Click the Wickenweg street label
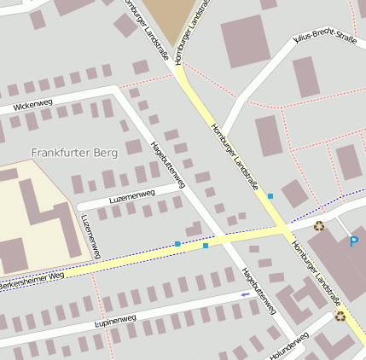[33, 106]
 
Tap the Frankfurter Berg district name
[73, 152]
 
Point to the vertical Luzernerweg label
[90, 235]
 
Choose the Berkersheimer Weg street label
[32, 279]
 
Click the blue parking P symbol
[353, 241]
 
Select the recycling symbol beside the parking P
[319, 226]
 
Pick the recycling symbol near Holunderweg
[340, 316]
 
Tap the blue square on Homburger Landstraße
[270, 196]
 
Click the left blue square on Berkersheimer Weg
[177, 244]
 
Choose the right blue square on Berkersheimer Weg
[206, 246]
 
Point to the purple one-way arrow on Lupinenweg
[246, 294]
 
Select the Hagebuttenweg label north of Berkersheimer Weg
[167, 164]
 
